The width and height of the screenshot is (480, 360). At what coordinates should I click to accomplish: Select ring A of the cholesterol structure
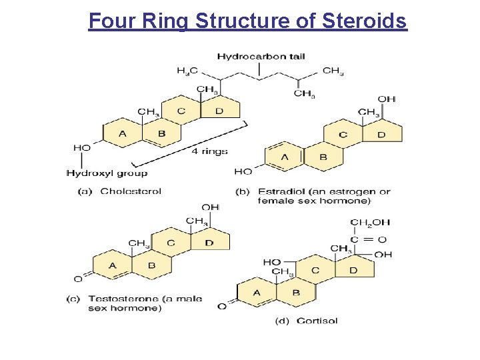[122, 134]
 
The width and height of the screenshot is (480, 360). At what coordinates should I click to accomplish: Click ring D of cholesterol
[219, 111]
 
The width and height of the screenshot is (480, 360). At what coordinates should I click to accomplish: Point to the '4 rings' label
[210, 151]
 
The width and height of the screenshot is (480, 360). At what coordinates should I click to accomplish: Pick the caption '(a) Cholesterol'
[121, 191]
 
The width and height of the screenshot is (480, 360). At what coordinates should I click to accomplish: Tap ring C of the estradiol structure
[343, 135]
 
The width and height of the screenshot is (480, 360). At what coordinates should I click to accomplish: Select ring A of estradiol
[285, 157]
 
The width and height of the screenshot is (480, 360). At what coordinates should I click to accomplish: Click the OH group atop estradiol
[387, 99]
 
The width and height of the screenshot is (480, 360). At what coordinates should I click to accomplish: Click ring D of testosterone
[209, 243]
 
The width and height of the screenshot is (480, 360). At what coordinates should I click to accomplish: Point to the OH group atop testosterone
[210, 207]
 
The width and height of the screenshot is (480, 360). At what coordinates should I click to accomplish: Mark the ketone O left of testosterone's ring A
[77, 279]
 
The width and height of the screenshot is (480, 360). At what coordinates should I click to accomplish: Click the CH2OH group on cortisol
[370, 223]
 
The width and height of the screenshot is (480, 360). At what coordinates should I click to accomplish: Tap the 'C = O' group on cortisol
[368, 239]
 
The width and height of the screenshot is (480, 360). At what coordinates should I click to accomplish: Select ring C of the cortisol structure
[315, 270]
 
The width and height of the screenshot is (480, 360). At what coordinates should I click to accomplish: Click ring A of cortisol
[257, 293]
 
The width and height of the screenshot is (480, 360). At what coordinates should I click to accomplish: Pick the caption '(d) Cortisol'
[306, 321]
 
